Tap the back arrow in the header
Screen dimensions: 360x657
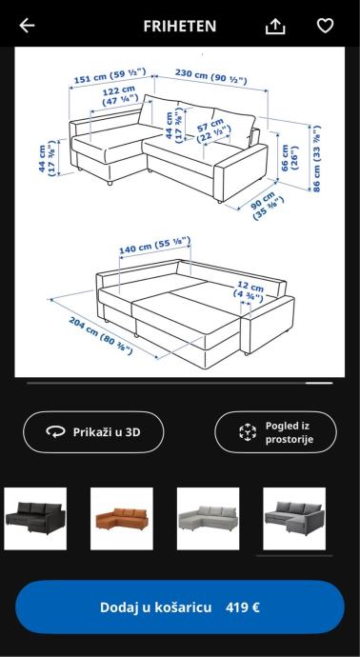pyautogui.click(x=27, y=26)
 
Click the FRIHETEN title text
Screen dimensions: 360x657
pyautogui.click(x=180, y=26)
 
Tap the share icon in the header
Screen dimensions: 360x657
pyautogui.click(x=275, y=27)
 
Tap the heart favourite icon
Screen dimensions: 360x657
pyautogui.click(x=325, y=26)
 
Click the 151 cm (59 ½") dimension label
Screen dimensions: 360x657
pyautogui.click(x=110, y=75)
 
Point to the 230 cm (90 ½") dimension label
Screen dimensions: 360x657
pyautogui.click(x=210, y=76)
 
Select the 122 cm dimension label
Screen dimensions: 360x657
pyautogui.click(x=120, y=95)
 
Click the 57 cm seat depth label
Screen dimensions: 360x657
pyautogui.click(x=213, y=129)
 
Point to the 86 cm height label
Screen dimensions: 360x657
pyautogui.click(x=316, y=158)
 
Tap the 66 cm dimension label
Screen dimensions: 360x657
pyautogui.click(x=290, y=158)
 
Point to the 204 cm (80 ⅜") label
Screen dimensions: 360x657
pyautogui.click(x=101, y=335)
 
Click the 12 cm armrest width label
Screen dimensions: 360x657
pyautogui.click(x=249, y=291)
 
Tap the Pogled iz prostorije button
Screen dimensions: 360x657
pyautogui.click(x=276, y=432)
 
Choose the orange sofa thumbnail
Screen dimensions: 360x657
pyautogui.click(x=122, y=519)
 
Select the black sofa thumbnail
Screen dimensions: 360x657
pyautogui.click(x=35, y=519)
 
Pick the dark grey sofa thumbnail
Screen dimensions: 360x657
pyautogui.click(x=294, y=519)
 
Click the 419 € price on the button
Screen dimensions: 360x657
pyautogui.click(x=243, y=607)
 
